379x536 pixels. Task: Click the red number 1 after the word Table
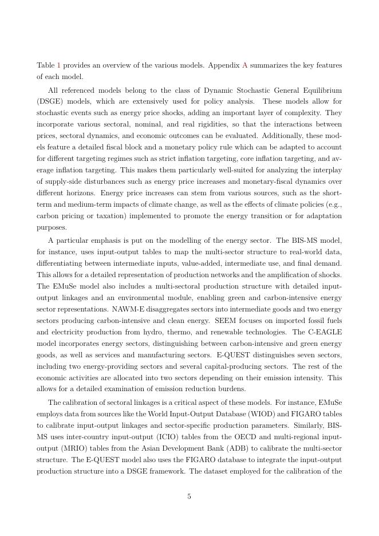(58, 66)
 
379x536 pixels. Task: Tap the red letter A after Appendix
(245, 66)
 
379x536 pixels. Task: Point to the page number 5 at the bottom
(189, 496)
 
